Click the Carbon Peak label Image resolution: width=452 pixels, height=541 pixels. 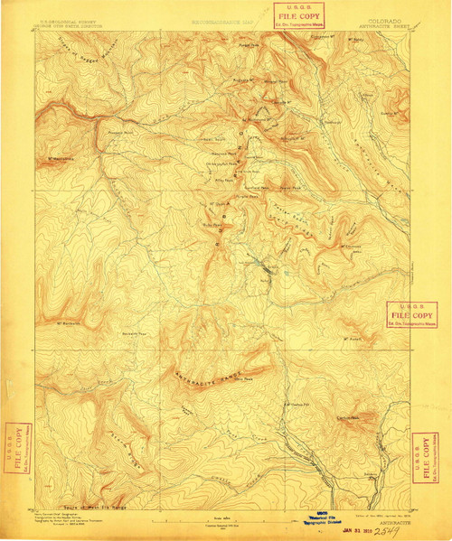(x=348, y=417)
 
